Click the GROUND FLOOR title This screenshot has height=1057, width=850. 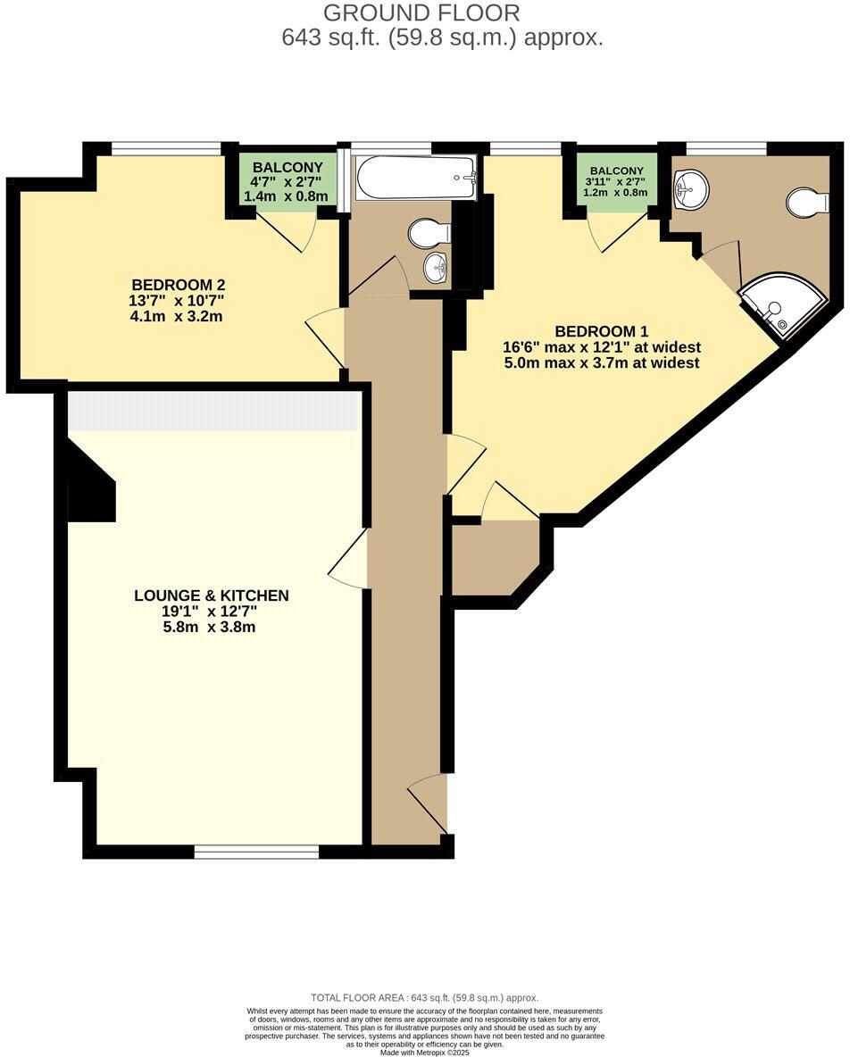[421, 13]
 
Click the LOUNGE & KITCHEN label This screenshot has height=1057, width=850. [212, 595]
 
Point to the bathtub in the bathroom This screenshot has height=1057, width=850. [414, 177]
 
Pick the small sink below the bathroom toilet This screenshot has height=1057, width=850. [437, 267]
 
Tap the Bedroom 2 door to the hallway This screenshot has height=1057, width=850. [327, 337]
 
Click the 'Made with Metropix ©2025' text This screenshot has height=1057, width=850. [425, 1052]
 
